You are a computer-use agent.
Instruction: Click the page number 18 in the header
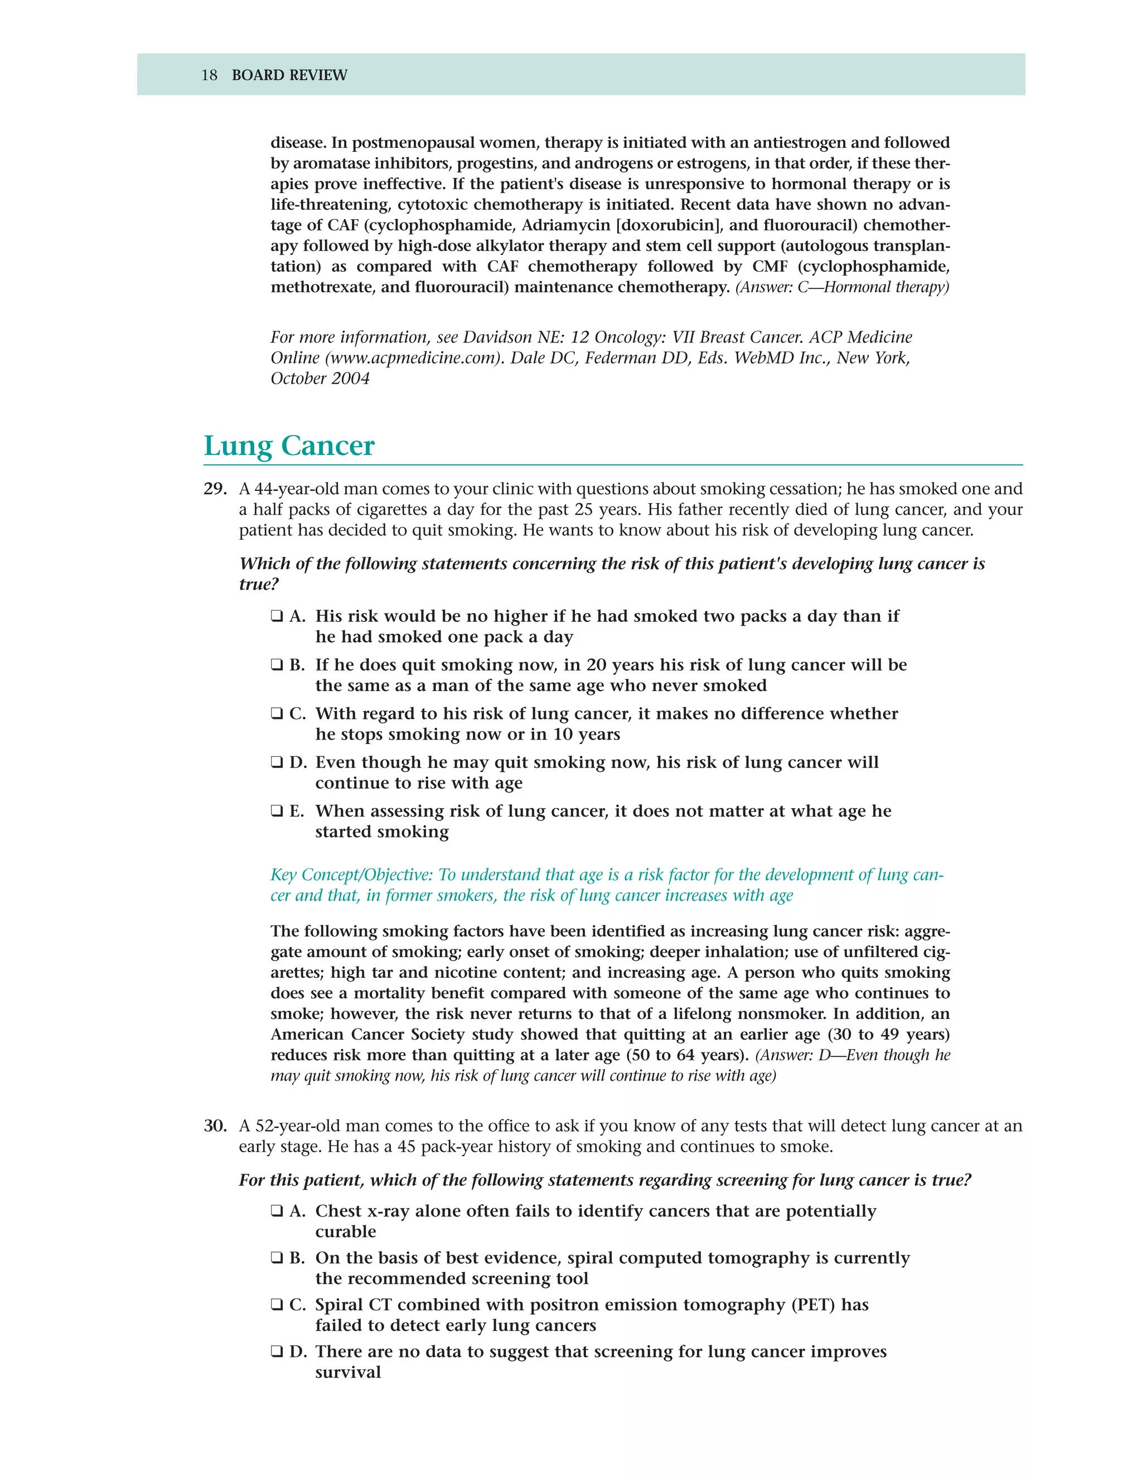(209, 75)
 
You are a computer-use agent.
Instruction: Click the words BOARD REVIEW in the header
(289, 75)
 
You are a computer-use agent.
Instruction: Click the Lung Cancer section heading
(289, 446)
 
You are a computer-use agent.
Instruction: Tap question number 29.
(215, 489)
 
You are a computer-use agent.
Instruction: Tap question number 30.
(215, 1126)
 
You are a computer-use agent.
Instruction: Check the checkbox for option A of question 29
(277, 616)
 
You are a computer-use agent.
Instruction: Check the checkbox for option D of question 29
(277, 762)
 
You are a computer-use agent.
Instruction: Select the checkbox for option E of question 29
(277, 812)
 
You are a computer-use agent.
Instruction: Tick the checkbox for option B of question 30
(277, 1258)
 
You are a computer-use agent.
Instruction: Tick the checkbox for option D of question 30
(277, 1351)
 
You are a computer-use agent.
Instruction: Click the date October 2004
(320, 378)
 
